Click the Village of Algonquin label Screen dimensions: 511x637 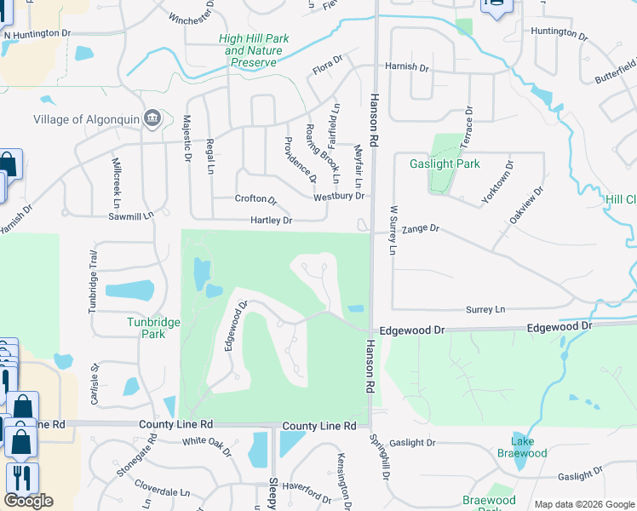point(87,118)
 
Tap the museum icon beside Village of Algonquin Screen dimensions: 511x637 point(152,118)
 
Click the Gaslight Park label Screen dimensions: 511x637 point(445,164)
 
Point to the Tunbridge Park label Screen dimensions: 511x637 point(146,328)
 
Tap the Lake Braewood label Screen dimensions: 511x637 point(522,447)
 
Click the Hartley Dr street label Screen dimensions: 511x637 point(271,221)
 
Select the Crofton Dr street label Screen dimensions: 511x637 point(256,199)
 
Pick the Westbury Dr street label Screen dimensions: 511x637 point(339,196)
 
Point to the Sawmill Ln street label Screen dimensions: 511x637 point(130,216)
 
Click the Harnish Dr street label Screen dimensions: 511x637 point(407,66)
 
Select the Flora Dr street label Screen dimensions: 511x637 point(326,64)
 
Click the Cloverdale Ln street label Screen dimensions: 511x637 point(167,492)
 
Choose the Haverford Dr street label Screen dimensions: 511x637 point(307,491)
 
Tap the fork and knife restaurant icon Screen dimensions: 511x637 point(22,477)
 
